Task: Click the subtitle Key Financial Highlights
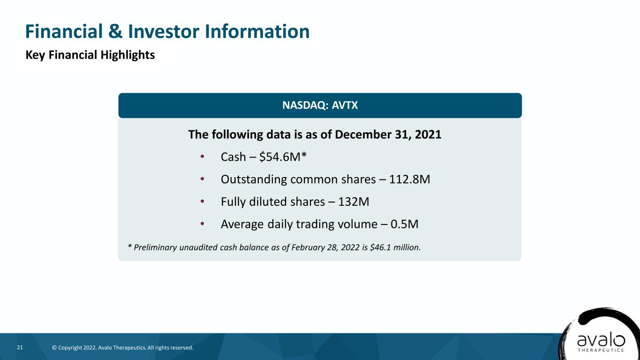click(x=90, y=55)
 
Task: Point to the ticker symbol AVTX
click(x=345, y=105)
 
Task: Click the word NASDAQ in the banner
click(x=305, y=105)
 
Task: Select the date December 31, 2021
click(x=388, y=135)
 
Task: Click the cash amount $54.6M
click(x=280, y=157)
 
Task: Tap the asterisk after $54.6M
click(x=304, y=155)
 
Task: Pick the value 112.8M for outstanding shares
click(x=409, y=179)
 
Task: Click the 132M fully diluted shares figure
click(x=354, y=202)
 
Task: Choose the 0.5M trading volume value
click(x=404, y=224)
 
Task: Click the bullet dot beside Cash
click(x=202, y=156)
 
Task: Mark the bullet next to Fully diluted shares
click(x=202, y=201)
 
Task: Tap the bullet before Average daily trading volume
click(x=202, y=224)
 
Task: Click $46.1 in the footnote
click(x=380, y=247)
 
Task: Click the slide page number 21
click(x=20, y=347)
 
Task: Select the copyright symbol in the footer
click(x=54, y=348)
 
